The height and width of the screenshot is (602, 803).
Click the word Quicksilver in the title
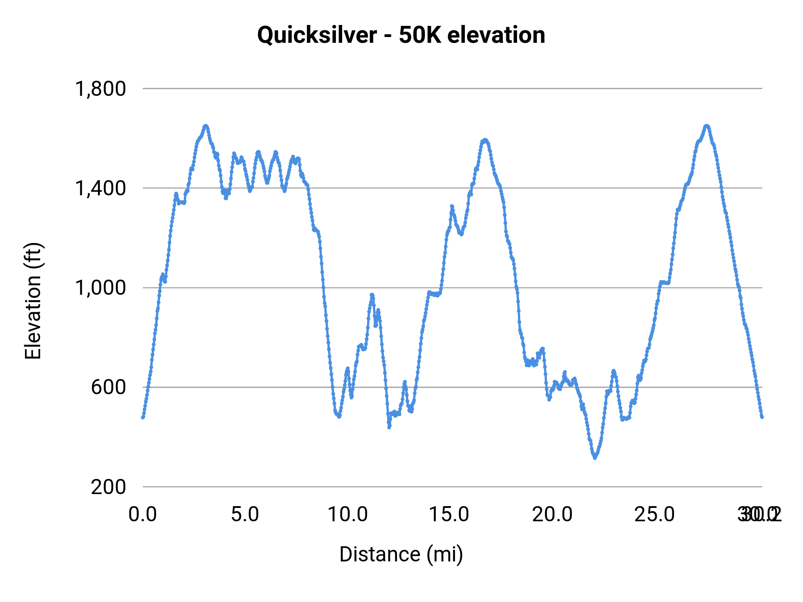[317, 35]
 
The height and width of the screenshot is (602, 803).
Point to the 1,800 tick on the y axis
[100, 89]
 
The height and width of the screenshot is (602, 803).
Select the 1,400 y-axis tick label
[100, 188]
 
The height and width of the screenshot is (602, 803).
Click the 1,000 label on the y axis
[100, 288]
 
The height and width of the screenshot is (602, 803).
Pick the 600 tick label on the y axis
[108, 387]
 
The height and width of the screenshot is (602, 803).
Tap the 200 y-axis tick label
[108, 487]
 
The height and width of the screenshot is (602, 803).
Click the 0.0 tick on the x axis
[143, 515]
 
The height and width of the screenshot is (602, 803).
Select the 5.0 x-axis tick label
[245, 515]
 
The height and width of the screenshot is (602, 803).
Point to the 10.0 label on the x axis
[348, 515]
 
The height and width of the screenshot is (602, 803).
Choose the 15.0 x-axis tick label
[449, 515]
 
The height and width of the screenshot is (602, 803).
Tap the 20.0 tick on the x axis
[552, 515]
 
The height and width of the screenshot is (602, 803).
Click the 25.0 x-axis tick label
[654, 515]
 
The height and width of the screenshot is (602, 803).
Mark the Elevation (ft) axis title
[33, 301]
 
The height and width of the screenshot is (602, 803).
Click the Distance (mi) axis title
[401, 554]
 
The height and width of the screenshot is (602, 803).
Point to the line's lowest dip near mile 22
[595, 458]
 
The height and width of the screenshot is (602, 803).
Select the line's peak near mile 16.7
[485, 140]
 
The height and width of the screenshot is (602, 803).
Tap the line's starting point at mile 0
[143, 417]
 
